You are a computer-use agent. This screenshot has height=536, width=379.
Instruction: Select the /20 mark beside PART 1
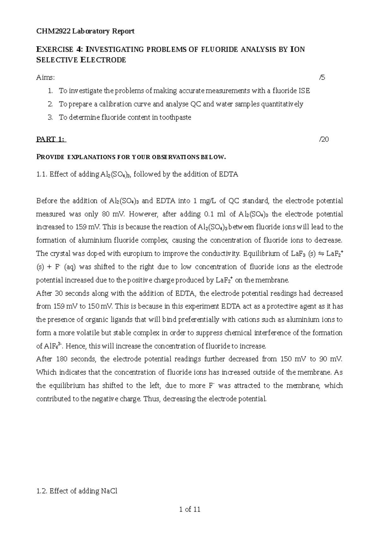point(324,139)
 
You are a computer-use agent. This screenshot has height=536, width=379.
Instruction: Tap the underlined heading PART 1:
point(51,139)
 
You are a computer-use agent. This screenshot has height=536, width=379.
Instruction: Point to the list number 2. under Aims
point(50,104)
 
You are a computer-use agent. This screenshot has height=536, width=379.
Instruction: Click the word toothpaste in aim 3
point(175,117)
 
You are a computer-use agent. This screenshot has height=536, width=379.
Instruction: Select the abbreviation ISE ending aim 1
point(304,91)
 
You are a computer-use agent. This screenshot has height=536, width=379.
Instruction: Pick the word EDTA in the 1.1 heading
point(228,174)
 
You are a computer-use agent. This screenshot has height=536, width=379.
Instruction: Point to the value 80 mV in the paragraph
point(110,214)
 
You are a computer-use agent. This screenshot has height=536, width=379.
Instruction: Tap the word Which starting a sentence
point(46,372)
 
